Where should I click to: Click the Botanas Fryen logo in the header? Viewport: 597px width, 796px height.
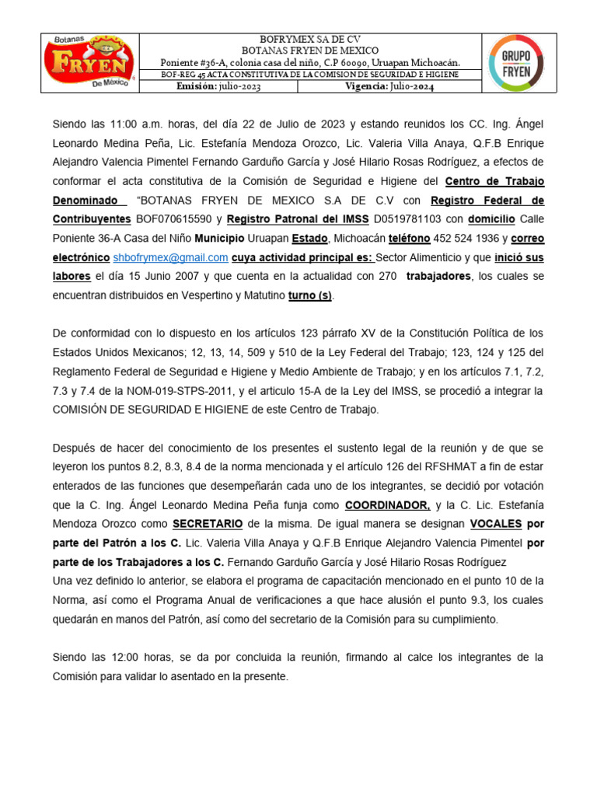(x=90, y=63)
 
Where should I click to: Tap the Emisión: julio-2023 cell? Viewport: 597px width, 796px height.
(x=218, y=86)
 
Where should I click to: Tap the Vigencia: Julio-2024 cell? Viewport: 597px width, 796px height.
(x=389, y=86)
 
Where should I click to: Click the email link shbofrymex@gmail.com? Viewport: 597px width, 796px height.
(x=170, y=257)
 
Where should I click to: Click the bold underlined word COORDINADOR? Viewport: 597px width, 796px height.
(x=388, y=504)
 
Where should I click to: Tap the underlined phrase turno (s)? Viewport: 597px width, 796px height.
(x=310, y=295)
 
